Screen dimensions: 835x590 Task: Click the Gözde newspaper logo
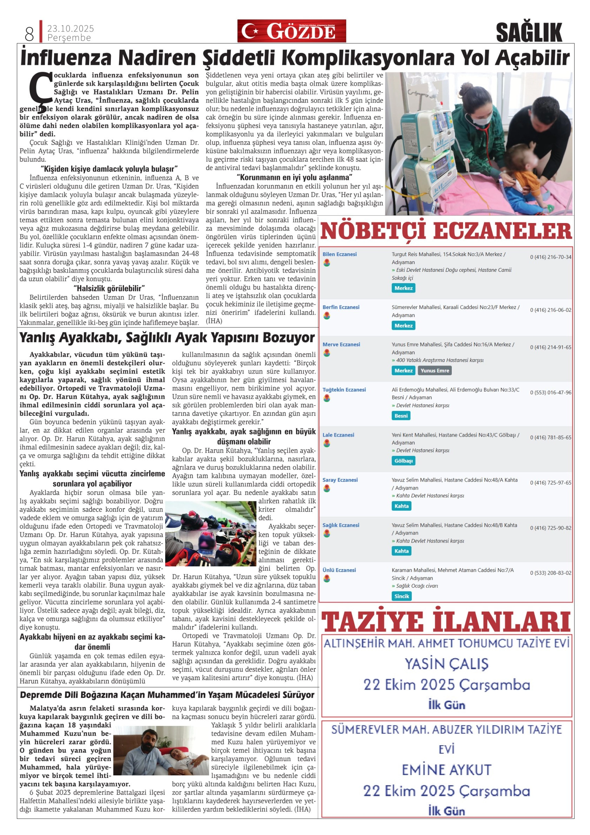(291, 31)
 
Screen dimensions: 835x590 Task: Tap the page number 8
(29, 34)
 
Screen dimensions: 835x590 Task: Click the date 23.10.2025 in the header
(70, 28)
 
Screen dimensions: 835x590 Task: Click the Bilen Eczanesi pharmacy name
(339, 254)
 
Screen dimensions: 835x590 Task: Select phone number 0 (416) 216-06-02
(550, 310)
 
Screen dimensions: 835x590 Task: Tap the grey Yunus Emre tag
(435, 370)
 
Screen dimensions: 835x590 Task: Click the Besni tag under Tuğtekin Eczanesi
(401, 416)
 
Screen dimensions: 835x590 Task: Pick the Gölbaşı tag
(403, 460)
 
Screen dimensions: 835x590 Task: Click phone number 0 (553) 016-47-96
(550, 392)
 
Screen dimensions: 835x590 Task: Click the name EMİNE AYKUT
(447, 769)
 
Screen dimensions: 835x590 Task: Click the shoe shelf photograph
(211, 533)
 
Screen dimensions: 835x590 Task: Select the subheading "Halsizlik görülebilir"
(109, 288)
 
